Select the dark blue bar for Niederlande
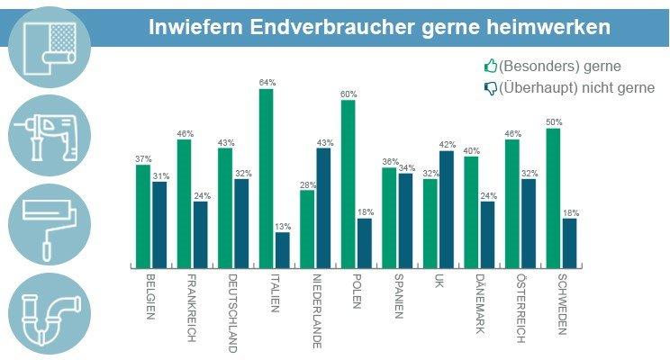pyautogui.click(x=323, y=208)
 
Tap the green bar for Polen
pyautogui.click(x=348, y=184)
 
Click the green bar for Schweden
pyautogui.click(x=553, y=198)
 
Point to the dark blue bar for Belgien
pyautogui.click(x=159, y=225)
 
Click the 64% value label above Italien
pyautogui.click(x=267, y=83)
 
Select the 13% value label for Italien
pyautogui.click(x=283, y=227)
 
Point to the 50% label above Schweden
pyautogui.click(x=553, y=122)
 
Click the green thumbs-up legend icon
pyautogui.click(x=491, y=66)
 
